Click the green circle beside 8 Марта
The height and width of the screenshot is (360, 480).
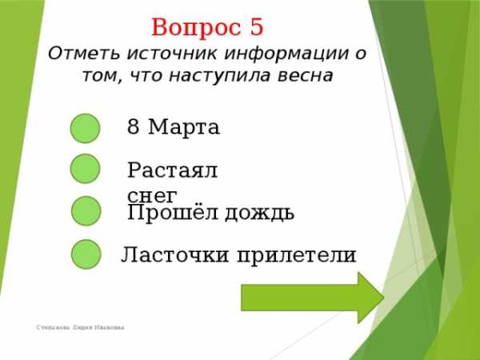pos(85,128)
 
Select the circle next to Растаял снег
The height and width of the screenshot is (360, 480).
pos(85,169)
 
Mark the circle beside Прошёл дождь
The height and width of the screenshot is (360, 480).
pos(86,211)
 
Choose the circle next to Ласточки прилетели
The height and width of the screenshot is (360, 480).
pos(86,254)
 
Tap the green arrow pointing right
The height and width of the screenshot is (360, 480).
pos(313,298)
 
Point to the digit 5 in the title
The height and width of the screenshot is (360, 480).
pos(257,27)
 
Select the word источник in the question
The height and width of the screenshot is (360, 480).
pos(172,54)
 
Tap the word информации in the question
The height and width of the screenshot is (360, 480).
pos(286,54)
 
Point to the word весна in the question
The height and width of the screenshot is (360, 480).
pos(306,76)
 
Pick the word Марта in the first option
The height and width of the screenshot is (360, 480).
pos(184,126)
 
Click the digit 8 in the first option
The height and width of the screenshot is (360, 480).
pos(133,126)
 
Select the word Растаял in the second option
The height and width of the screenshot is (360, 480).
pos(172,170)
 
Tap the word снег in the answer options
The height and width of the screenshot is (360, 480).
pos(153,196)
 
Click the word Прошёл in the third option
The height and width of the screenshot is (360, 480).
pos(173,212)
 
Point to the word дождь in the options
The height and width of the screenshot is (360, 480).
pos(259,214)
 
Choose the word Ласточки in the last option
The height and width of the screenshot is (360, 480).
pos(174,254)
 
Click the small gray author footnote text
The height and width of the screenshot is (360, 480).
pos(80,327)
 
